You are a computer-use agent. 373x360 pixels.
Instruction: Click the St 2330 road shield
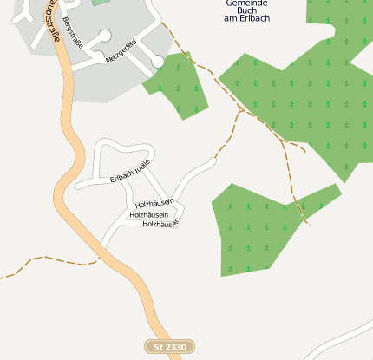(x=169, y=347)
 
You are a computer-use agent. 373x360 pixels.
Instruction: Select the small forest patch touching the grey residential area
(x=180, y=85)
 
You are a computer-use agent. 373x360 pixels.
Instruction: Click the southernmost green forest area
(x=252, y=230)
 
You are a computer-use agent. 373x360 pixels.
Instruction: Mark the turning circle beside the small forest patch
(x=157, y=62)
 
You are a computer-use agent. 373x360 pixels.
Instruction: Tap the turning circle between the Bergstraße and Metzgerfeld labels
(x=105, y=36)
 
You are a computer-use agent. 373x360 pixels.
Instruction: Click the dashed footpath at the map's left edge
(x=9, y=276)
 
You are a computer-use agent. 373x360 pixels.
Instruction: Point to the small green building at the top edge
(x=101, y=3)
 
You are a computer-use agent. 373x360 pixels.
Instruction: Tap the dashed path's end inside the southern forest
(x=309, y=225)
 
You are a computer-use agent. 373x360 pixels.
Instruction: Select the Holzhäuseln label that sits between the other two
(x=147, y=214)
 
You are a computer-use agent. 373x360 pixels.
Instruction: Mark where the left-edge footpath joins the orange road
(x=98, y=258)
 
